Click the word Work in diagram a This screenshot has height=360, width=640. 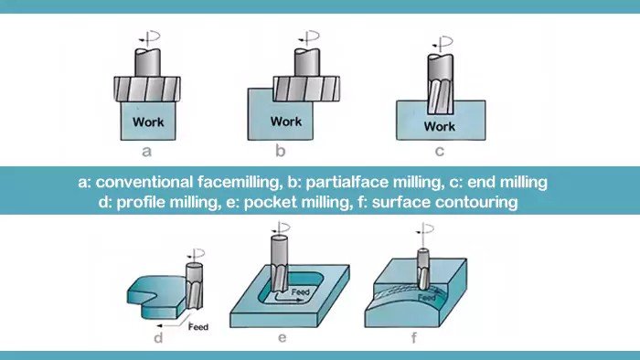(148, 122)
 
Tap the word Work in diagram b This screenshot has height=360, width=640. (286, 122)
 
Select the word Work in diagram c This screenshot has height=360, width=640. (439, 126)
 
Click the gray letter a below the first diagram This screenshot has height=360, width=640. (146, 152)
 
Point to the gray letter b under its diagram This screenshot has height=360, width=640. (280, 151)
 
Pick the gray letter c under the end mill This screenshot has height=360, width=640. (439, 152)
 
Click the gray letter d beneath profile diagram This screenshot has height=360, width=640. (158, 337)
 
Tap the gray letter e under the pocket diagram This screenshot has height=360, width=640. (282, 338)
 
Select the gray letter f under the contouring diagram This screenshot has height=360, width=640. (414, 337)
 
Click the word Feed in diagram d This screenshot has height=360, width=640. (198, 326)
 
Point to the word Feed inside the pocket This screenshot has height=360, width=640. (300, 291)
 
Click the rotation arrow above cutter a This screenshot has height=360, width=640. (149, 37)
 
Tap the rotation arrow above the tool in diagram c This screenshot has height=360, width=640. (442, 42)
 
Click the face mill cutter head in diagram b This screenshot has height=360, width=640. (306, 89)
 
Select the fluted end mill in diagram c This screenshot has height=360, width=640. (440, 84)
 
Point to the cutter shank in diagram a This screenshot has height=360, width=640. (147, 63)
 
